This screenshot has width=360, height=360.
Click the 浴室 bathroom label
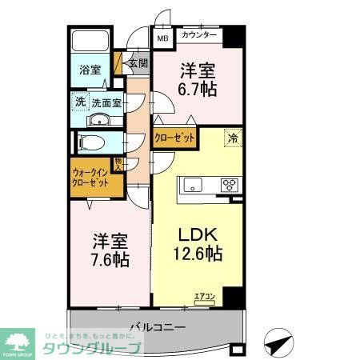pos(89,70)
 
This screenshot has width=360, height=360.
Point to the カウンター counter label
pos(199,36)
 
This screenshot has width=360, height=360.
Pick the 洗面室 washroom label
pos(106,102)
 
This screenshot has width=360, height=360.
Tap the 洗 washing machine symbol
pos(80,102)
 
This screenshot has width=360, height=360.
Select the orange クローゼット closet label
pos(175,138)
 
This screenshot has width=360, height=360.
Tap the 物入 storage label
pos(118,165)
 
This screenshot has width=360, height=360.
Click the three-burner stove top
pos(230,186)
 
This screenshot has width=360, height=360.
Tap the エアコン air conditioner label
pos(204,298)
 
